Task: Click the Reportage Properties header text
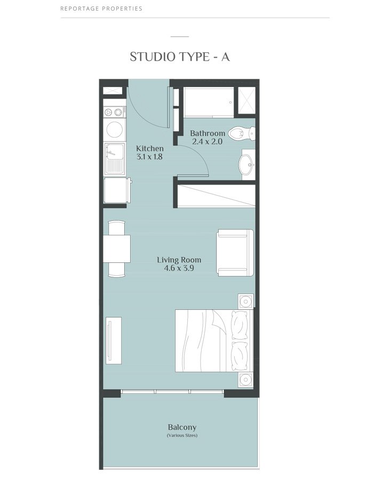coord(101,9)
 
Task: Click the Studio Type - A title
coord(180,57)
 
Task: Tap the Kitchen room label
coord(150,148)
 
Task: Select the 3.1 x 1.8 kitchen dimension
coord(150,157)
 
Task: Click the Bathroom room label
coord(208,133)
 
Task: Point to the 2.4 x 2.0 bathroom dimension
coord(208,142)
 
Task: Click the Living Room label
coord(179,260)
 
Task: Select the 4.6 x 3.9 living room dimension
coord(179,269)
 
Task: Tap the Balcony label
coord(182,427)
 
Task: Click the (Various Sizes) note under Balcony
coord(182,436)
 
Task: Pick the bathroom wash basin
coord(248,164)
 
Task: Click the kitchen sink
coord(114,159)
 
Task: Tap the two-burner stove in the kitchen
coord(114,112)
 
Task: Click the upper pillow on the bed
coord(242,324)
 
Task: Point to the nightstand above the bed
coord(245,302)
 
